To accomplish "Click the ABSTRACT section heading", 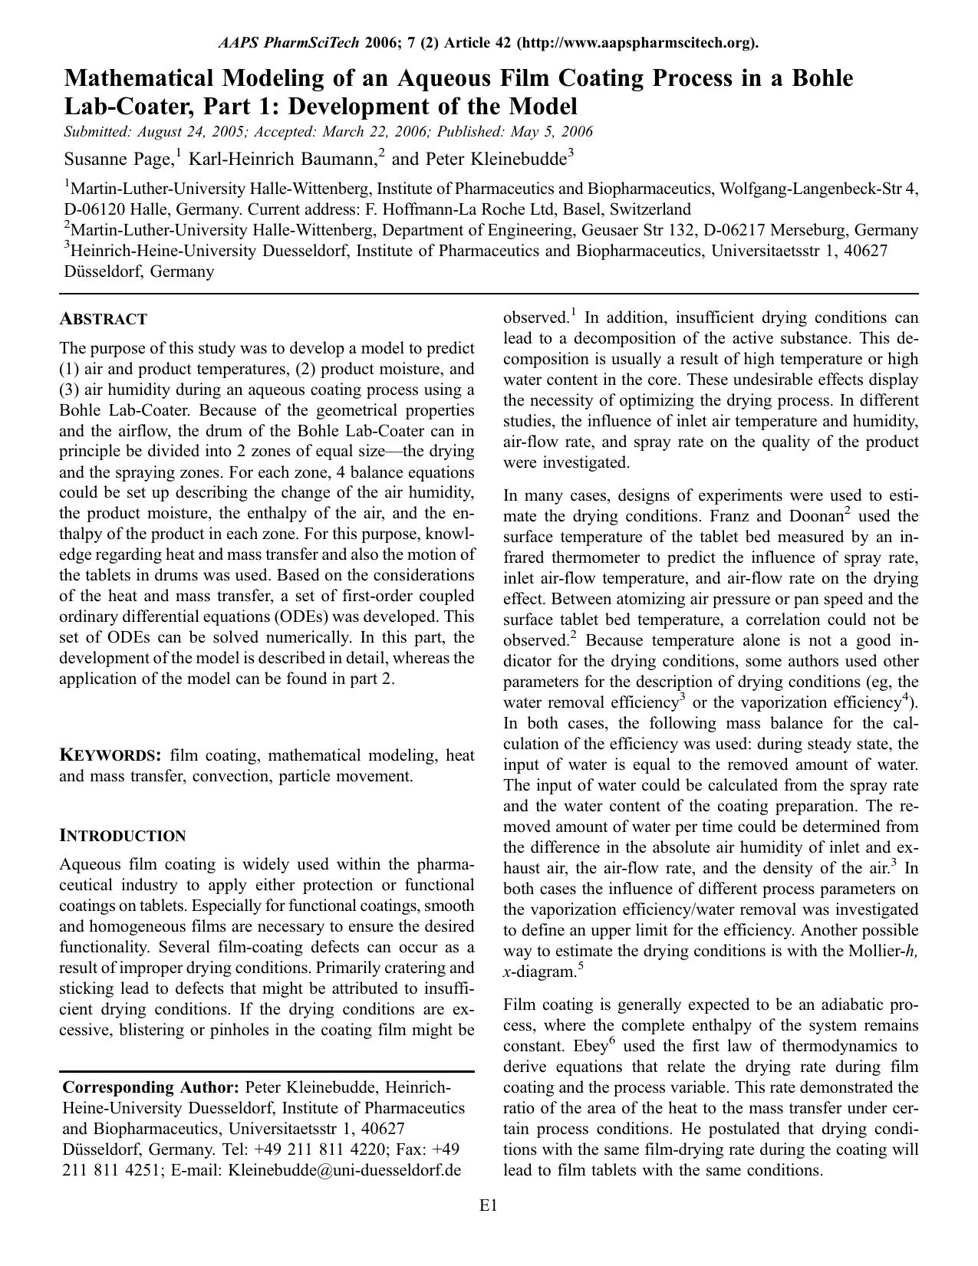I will tap(103, 319).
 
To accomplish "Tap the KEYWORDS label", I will tap(110, 755).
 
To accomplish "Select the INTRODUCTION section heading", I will tap(123, 836).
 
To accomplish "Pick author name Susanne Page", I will tap(118, 159).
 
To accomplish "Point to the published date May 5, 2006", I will tap(548, 131).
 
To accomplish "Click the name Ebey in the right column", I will tap(589, 1047).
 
